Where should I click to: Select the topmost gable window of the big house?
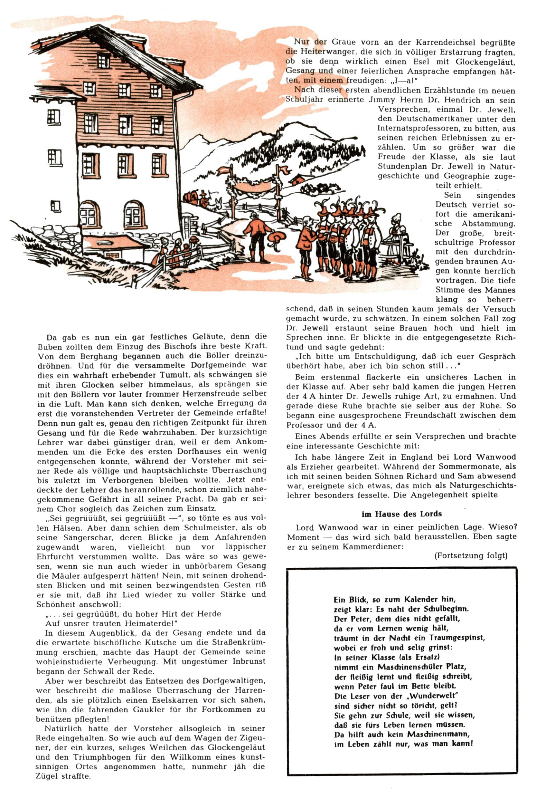(x=103, y=61)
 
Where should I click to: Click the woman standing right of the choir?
(x=398, y=234)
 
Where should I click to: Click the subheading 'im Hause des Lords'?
(x=401, y=514)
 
